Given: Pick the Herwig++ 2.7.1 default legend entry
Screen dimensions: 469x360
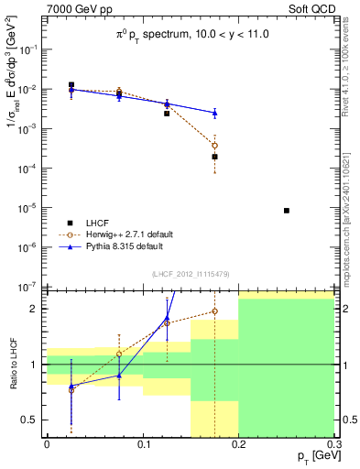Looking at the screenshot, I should pos(136,234).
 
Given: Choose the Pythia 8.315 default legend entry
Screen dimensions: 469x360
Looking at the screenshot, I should pos(131,246).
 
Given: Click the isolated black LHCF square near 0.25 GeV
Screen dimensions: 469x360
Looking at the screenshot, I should pos(287,211).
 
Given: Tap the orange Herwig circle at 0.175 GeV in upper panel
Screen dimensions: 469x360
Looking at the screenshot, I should pos(214,146).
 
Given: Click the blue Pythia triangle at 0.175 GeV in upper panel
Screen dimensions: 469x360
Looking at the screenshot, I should pos(214,113).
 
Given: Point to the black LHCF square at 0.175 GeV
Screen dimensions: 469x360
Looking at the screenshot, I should pos(214,157).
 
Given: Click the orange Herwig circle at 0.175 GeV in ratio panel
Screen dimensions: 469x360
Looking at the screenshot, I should pos(214,311).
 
